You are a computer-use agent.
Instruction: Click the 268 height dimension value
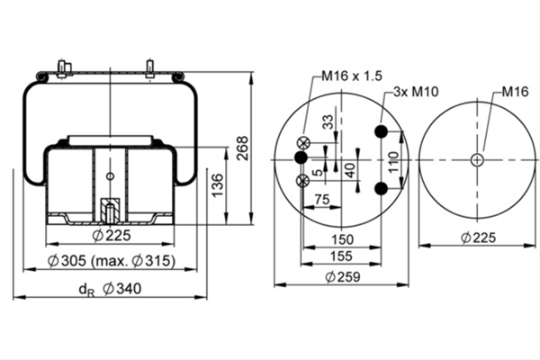(243, 148)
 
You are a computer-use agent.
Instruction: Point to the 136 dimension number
(218, 185)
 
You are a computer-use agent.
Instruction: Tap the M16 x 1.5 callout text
(352, 76)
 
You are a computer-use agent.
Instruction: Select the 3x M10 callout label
(416, 92)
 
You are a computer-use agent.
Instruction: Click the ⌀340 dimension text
(122, 289)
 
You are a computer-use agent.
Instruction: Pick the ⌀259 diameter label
(343, 277)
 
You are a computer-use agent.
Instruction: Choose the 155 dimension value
(341, 256)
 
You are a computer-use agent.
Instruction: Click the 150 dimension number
(342, 239)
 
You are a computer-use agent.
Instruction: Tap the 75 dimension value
(322, 199)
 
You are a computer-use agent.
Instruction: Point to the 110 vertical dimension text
(393, 162)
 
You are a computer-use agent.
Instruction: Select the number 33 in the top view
(328, 122)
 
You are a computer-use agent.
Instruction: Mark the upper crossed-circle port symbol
(303, 143)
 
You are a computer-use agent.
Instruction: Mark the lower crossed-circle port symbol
(302, 181)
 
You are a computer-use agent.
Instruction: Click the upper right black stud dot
(382, 131)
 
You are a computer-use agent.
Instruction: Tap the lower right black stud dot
(382, 188)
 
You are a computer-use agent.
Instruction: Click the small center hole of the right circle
(477, 160)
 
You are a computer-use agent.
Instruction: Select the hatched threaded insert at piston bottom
(110, 210)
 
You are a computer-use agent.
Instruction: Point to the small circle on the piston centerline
(110, 176)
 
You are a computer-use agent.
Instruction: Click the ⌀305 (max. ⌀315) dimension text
(112, 261)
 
